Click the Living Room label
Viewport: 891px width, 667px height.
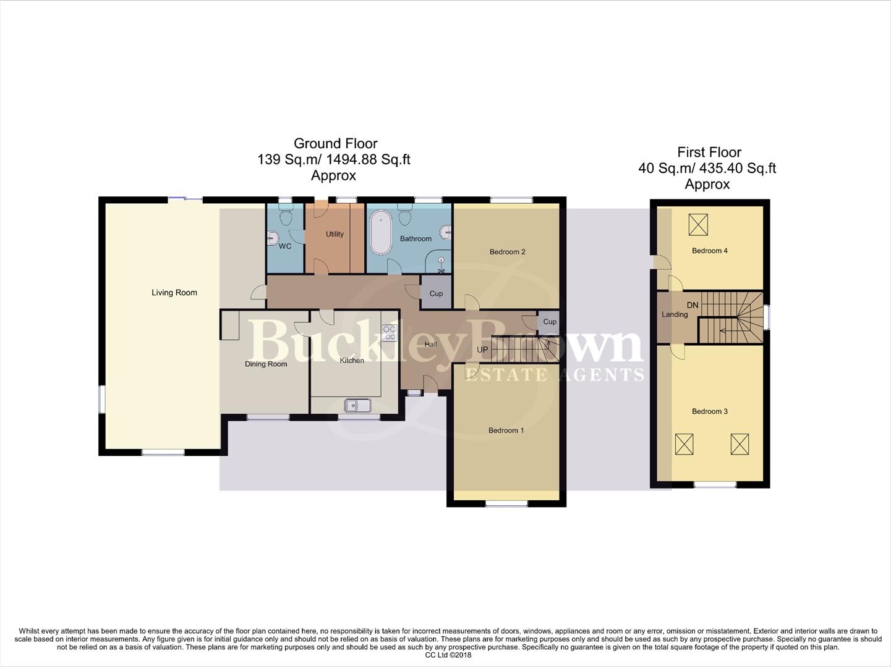pyautogui.click(x=174, y=293)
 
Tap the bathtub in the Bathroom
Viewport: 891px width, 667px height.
pyautogui.click(x=381, y=233)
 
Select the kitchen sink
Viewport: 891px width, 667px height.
pyautogui.click(x=358, y=406)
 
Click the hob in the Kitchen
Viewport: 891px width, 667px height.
pyautogui.click(x=390, y=333)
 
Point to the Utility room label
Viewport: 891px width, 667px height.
pyautogui.click(x=335, y=234)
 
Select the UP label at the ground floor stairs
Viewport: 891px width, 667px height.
pyautogui.click(x=482, y=350)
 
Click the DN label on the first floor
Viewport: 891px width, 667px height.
pyautogui.click(x=693, y=305)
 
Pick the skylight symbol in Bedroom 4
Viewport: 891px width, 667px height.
pyautogui.click(x=698, y=225)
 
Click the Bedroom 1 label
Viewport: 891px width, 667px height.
pyautogui.click(x=506, y=430)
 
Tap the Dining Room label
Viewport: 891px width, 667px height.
pyautogui.click(x=266, y=364)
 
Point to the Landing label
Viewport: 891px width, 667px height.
pyautogui.click(x=675, y=314)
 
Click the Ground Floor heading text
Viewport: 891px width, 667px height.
pyautogui.click(x=335, y=143)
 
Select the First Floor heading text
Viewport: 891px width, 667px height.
pyautogui.click(x=709, y=152)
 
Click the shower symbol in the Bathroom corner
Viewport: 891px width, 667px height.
pyautogui.click(x=441, y=266)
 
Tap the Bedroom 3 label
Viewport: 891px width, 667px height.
pyautogui.click(x=709, y=411)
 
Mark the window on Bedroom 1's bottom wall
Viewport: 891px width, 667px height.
pyautogui.click(x=506, y=505)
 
